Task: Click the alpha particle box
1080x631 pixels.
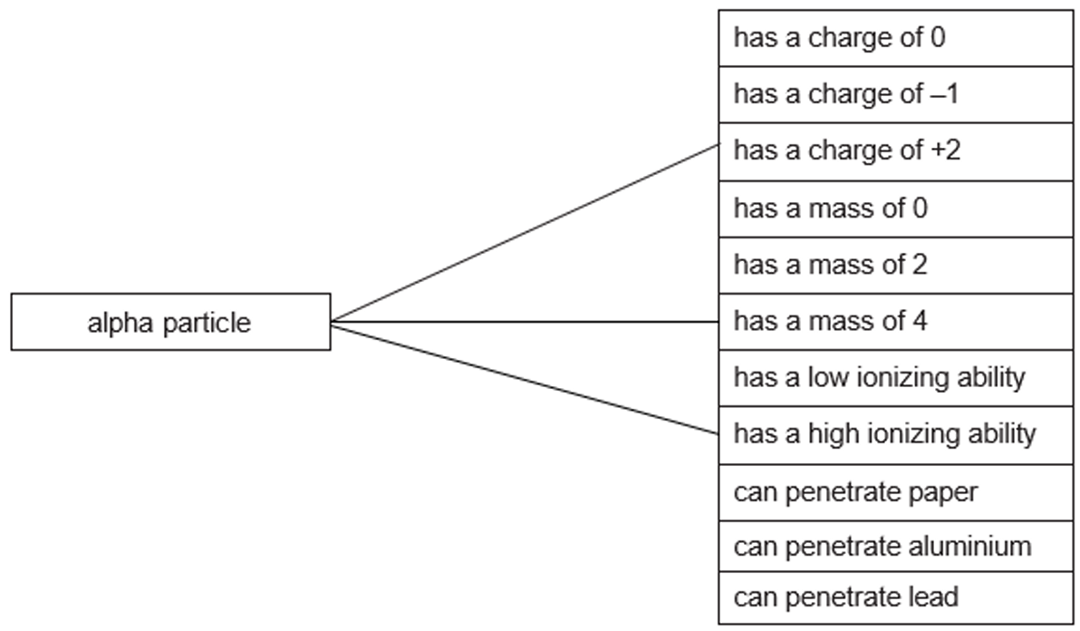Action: point(171,322)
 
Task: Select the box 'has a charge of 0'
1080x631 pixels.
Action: point(895,39)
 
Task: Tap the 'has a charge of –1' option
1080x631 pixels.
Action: point(895,95)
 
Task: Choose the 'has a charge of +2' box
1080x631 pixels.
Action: point(895,152)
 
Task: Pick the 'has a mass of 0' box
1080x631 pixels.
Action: point(895,209)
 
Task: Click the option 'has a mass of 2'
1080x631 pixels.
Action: point(895,266)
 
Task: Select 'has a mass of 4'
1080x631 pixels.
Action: point(895,322)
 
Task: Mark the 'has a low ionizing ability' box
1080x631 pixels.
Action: point(895,378)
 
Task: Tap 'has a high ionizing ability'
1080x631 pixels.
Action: point(895,435)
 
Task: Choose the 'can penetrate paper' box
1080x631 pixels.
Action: point(895,492)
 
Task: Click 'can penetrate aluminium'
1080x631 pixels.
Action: point(895,547)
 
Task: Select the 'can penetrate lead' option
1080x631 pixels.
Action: point(895,598)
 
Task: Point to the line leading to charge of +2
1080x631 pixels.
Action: point(525,233)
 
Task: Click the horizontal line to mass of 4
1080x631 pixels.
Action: point(525,322)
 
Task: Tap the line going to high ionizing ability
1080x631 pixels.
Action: point(525,380)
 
